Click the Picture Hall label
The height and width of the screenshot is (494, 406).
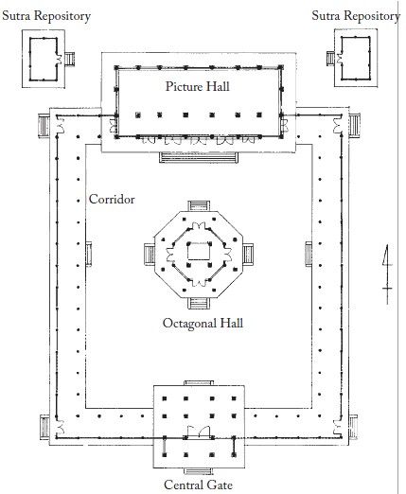pyautogui.click(x=198, y=86)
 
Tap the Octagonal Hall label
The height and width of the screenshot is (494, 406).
pyautogui.click(x=203, y=324)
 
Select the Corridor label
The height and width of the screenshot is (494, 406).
pyautogui.click(x=112, y=199)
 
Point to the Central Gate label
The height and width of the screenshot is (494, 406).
pyautogui.click(x=198, y=485)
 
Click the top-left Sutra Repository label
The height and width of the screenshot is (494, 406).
pyautogui.click(x=46, y=16)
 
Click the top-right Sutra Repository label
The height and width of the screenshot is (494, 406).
pyautogui.click(x=356, y=16)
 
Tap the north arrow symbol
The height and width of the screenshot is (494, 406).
pyautogui.click(x=387, y=274)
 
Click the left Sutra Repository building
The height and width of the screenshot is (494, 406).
pyautogui.click(x=44, y=59)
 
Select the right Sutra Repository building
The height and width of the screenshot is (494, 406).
pyautogui.click(x=356, y=58)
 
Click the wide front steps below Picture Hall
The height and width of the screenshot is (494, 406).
pyautogui.click(x=199, y=157)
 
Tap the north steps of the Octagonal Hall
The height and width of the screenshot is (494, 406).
pyautogui.click(x=199, y=205)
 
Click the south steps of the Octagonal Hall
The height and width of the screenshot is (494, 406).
pyautogui.click(x=199, y=303)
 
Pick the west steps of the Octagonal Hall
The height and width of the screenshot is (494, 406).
pyautogui.click(x=150, y=255)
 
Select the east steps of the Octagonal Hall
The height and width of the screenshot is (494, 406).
pyautogui.click(x=248, y=255)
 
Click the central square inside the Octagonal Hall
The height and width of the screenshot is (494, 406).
pyautogui.click(x=199, y=252)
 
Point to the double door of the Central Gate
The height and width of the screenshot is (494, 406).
pyautogui.click(x=199, y=432)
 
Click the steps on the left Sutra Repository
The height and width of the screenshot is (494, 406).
pyautogui.click(x=70, y=59)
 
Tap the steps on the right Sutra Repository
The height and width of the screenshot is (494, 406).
pyautogui.click(x=330, y=59)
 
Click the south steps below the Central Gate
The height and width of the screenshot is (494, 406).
pyautogui.click(x=199, y=471)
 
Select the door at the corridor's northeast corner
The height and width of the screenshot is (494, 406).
pyautogui.click(x=337, y=125)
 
